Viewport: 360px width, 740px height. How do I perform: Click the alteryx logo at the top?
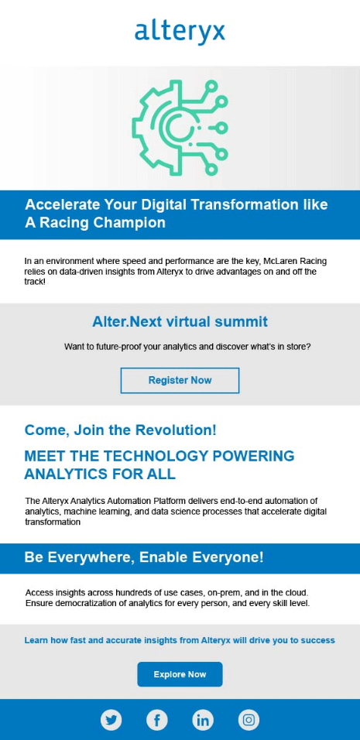click(180, 32)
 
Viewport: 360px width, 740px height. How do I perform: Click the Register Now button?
click(180, 380)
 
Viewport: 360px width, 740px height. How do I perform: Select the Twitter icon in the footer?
click(111, 720)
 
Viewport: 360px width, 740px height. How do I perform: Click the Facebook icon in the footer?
click(157, 720)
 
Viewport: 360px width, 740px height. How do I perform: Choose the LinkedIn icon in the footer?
click(203, 720)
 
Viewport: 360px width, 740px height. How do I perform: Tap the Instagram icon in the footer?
click(249, 720)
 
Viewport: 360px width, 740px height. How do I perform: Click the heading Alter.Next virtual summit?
click(180, 322)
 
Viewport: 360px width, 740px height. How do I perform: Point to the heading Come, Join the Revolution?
click(120, 430)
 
